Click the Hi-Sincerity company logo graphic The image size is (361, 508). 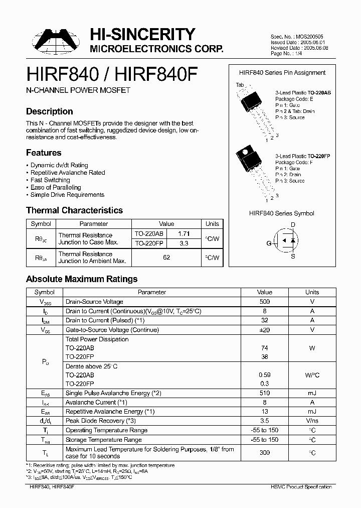(x=56, y=41)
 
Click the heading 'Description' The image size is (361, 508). (x=49, y=111)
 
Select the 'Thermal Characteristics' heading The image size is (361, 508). (x=74, y=210)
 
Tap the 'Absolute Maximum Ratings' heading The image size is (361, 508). (x=81, y=279)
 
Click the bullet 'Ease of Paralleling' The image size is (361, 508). (x=56, y=187)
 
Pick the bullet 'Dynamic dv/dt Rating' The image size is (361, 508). (x=59, y=165)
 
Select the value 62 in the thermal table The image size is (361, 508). (x=166, y=258)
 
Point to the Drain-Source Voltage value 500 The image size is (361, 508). (x=264, y=302)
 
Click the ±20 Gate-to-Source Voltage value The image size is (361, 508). (x=264, y=330)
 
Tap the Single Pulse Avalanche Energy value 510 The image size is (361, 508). (x=264, y=393)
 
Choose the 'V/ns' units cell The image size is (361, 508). (x=312, y=421)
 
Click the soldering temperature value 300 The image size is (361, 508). (x=264, y=453)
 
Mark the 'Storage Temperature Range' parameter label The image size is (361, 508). (x=104, y=440)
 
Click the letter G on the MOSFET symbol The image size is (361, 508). (x=269, y=243)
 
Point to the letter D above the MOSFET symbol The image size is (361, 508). (x=293, y=225)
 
